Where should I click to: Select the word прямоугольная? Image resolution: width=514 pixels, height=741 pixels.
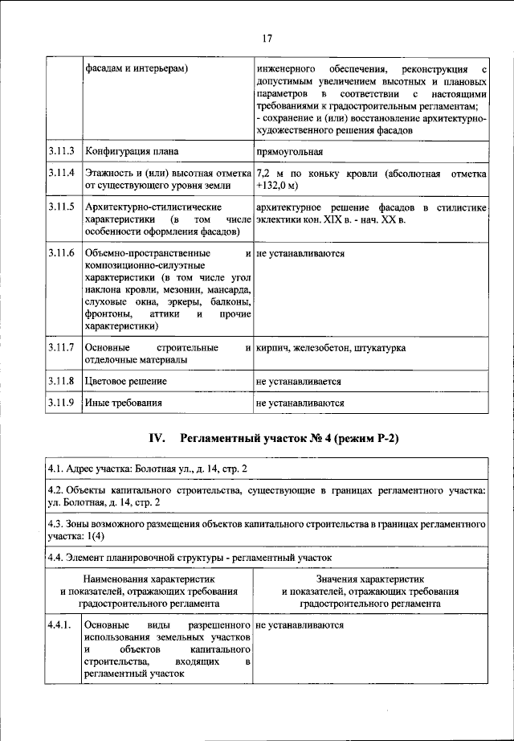(x=290, y=150)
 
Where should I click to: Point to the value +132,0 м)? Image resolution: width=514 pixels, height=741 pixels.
(x=275, y=186)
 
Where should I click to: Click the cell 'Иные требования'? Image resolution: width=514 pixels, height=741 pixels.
(x=124, y=403)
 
